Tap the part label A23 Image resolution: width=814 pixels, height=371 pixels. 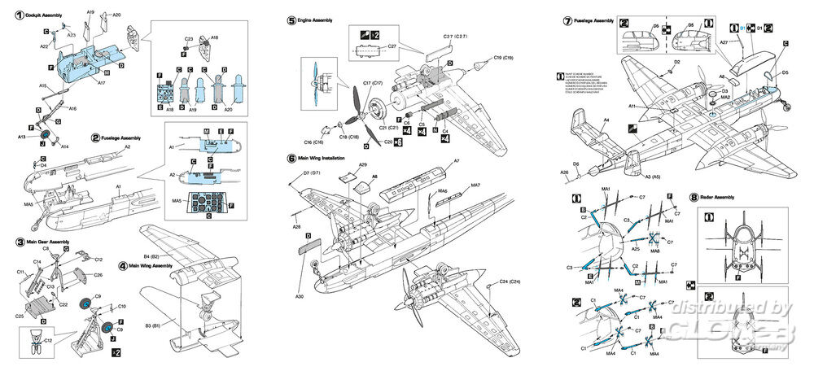(x=72, y=36)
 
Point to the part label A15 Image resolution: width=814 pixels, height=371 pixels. (x=42, y=85)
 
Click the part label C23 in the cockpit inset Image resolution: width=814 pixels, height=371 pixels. (x=188, y=38)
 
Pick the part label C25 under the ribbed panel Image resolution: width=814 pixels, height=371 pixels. (x=20, y=315)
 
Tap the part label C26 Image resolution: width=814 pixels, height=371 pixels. (x=98, y=275)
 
